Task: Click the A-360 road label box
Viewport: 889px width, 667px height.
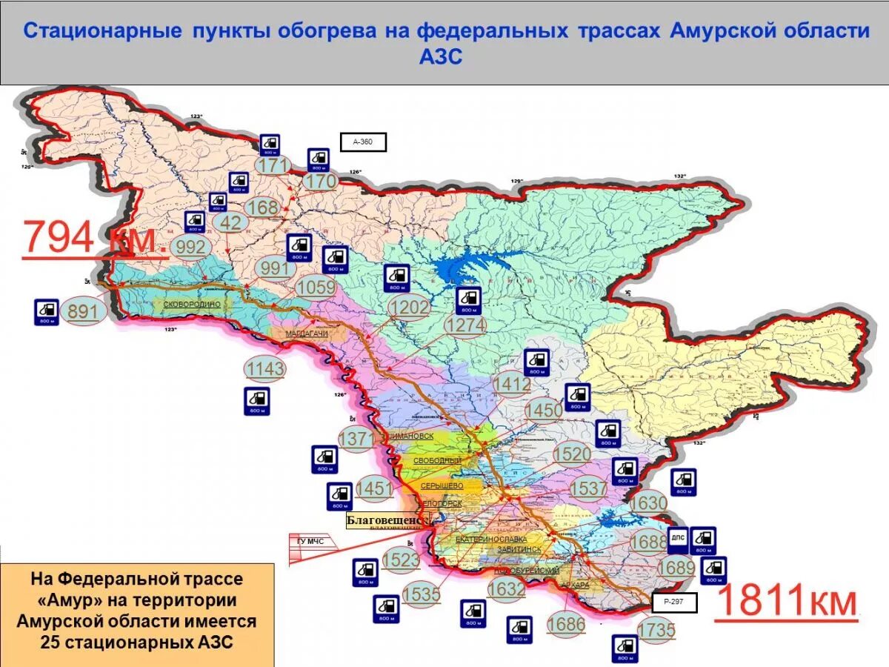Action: click(363, 142)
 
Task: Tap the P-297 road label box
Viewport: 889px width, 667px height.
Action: click(674, 603)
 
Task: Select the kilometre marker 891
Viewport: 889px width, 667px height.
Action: click(83, 312)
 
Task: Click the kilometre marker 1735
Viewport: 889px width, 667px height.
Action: click(656, 631)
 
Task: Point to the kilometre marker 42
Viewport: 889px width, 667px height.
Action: click(230, 222)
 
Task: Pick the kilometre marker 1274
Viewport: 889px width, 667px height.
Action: click(465, 326)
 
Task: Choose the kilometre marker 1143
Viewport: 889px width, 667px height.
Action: click(265, 369)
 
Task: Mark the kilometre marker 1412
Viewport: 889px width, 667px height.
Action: click(511, 385)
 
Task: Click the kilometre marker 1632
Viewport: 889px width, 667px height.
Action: click(507, 589)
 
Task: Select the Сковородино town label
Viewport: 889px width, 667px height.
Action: click(191, 304)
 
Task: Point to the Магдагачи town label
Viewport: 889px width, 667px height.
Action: click(307, 334)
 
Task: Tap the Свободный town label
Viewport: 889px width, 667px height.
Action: click(437, 460)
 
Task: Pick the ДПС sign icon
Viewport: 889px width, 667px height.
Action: click(677, 540)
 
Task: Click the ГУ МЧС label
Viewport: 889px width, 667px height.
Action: click(310, 541)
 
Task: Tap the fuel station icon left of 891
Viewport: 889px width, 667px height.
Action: click(46, 312)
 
